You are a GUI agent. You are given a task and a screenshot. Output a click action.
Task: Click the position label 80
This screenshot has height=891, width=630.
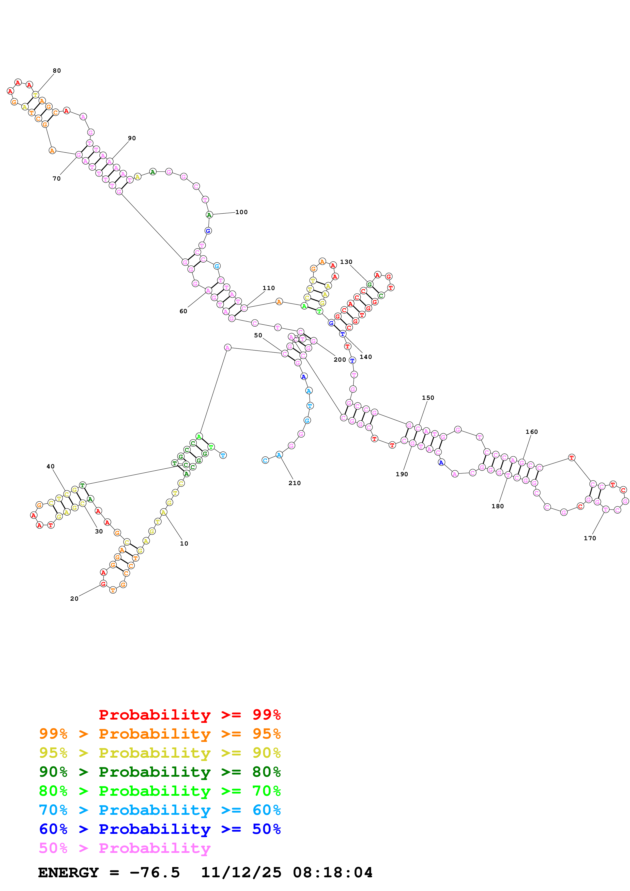click(x=57, y=71)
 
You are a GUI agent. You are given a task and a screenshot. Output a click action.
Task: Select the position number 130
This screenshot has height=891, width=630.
click(x=346, y=262)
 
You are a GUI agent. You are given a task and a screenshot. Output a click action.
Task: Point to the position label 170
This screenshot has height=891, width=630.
click(x=590, y=538)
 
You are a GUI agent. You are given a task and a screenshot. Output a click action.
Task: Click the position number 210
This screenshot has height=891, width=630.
click(x=294, y=483)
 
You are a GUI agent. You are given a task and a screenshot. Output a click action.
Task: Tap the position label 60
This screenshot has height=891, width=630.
click(x=183, y=311)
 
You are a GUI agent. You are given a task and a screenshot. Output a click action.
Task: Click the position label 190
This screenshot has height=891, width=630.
click(x=402, y=474)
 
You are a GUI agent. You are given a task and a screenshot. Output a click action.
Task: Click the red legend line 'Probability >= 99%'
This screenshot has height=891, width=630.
click(x=189, y=714)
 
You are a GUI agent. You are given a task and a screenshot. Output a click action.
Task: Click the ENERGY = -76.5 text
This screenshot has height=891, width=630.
click(x=109, y=872)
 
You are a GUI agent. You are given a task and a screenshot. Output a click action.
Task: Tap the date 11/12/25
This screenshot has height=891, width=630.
click(x=241, y=872)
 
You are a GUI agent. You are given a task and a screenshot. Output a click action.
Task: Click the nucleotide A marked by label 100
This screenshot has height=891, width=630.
click(x=209, y=215)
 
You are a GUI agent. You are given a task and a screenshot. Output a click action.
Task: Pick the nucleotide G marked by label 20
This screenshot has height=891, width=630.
click(x=103, y=584)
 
